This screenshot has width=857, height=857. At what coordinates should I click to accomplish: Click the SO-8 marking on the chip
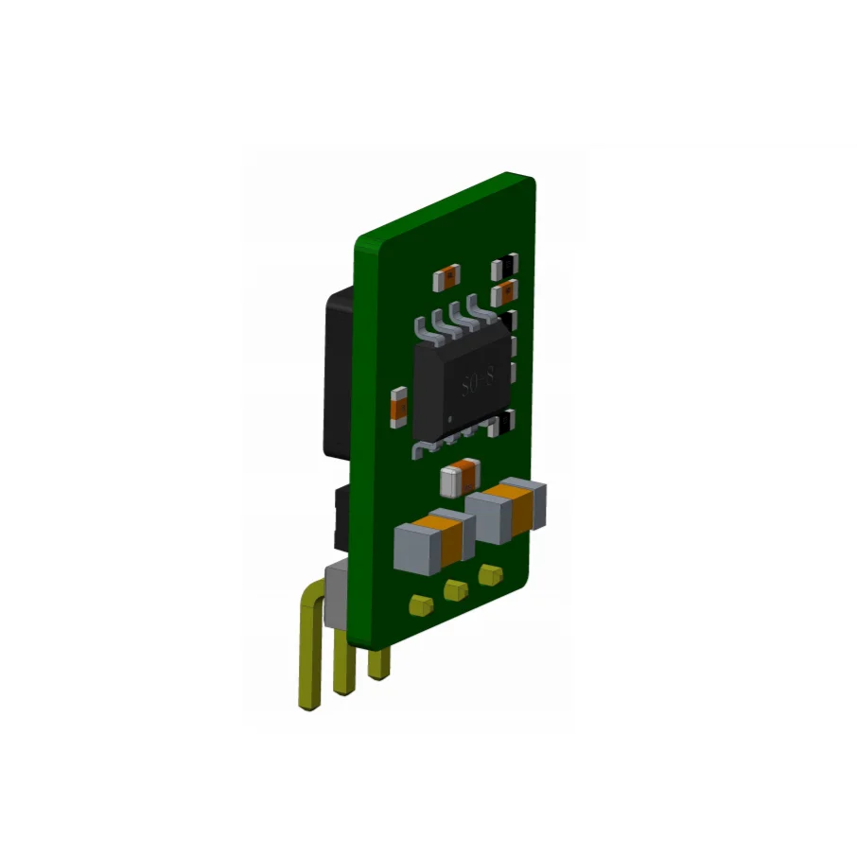click(x=478, y=383)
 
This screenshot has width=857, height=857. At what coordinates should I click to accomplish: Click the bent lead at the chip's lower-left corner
click(x=422, y=448)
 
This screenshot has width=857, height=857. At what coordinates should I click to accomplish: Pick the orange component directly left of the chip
click(x=398, y=405)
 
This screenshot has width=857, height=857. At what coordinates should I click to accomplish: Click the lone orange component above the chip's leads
click(x=446, y=276)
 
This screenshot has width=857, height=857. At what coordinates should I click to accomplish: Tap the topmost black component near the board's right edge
click(x=507, y=265)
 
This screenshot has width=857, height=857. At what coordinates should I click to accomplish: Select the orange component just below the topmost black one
click(x=508, y=289)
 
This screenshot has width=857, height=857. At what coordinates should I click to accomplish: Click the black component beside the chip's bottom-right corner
click(x=509, y=420)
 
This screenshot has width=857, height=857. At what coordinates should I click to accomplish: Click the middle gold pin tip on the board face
click(x=455, y=590)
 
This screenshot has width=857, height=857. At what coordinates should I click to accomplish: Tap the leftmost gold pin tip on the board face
click(x=419, y=603)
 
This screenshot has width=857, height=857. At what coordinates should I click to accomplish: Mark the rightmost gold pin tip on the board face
click(x=489, y=574)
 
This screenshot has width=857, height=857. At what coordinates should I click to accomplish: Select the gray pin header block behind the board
click(x=337, y=591)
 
